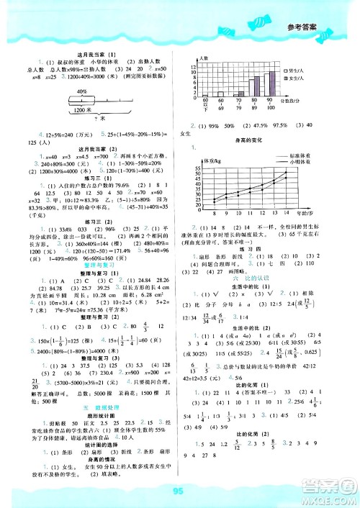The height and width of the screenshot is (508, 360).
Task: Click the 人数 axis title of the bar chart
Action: (x=204, y=58)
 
